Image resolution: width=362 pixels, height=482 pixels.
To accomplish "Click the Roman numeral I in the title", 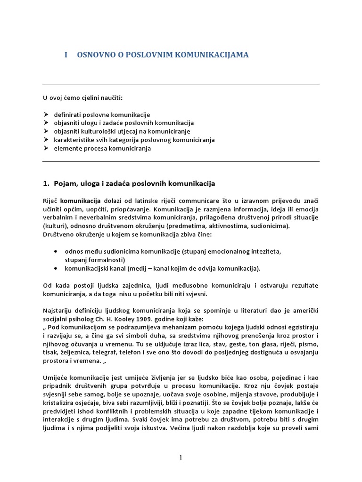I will tap(66, 55).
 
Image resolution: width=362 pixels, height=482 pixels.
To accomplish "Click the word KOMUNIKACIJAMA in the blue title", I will tap(212, 55).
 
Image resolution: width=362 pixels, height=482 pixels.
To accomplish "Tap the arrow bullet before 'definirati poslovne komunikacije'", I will tap(46, 114).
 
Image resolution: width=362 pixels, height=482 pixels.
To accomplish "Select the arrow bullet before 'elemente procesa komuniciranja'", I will tap(46, 148).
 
